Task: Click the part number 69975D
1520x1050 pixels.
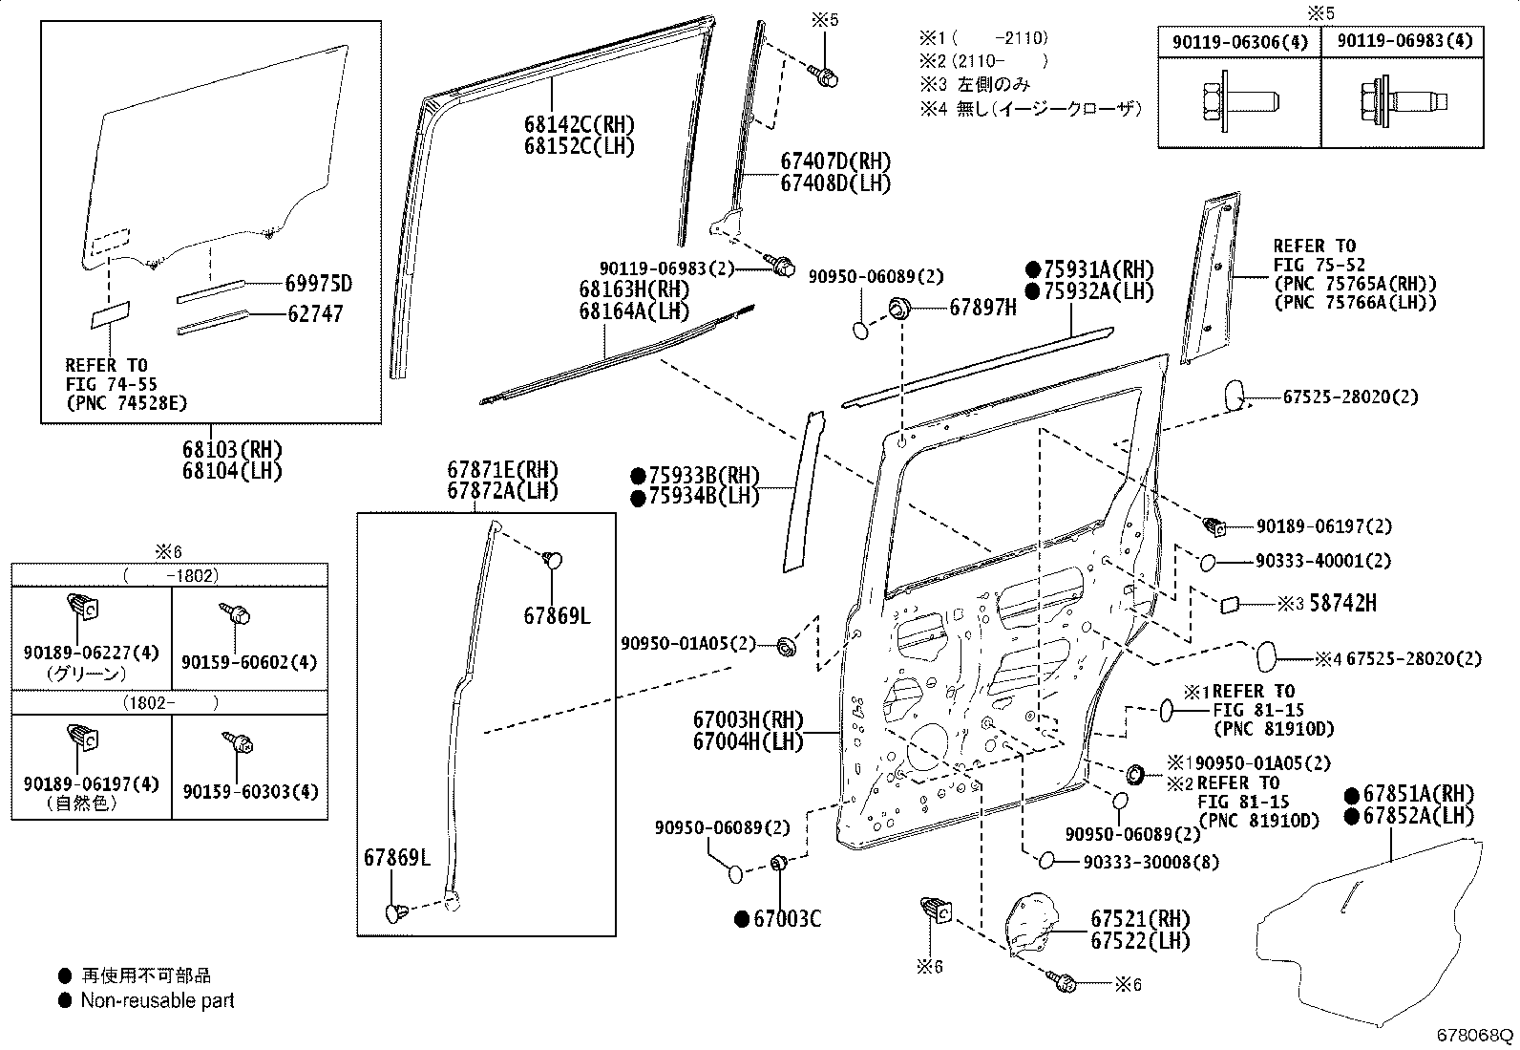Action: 319,284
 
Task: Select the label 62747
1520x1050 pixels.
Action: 315,313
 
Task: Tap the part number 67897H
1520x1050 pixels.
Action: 982,308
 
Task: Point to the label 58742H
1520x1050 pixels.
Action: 1343,603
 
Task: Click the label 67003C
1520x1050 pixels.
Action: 787,919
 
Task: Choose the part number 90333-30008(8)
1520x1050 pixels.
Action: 1151,862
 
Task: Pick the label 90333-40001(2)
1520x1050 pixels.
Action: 1323,560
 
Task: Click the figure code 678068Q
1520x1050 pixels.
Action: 1474,1035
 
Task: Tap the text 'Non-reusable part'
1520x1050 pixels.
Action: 158,1000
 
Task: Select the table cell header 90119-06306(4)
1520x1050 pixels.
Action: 1239,42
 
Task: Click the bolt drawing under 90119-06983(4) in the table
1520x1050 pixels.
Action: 1404,103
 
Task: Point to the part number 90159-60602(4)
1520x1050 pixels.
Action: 249,662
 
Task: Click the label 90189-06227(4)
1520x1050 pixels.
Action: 91,653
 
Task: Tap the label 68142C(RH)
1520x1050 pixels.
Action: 579,125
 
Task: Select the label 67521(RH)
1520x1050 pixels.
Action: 1140,920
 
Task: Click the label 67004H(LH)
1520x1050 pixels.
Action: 748,741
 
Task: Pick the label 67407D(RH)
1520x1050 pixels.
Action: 835,161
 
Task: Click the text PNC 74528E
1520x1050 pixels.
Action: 126,403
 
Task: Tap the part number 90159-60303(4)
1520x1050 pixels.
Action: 250,792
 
